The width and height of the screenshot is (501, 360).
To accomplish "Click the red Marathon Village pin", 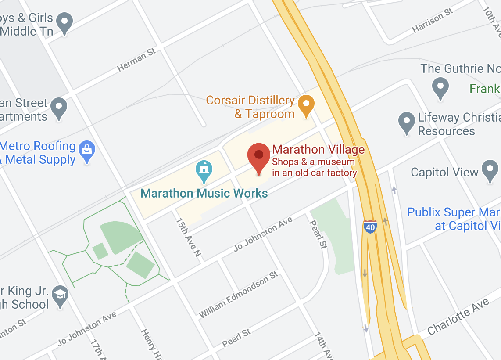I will (x=259, y=158).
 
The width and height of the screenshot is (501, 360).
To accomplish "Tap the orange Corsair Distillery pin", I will (x=306, y=106).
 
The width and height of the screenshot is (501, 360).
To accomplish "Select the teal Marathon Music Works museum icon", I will (x=204, y=170).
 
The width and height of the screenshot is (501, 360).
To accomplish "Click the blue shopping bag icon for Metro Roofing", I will (x=87, y=152).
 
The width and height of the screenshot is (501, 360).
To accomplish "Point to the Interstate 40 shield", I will (x=370, y=227).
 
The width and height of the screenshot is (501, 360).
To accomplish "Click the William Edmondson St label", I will (x=239, y=295).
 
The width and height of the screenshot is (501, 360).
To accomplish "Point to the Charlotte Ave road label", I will (x=458, y=317).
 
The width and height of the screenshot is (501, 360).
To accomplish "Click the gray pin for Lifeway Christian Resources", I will (x=407, y=123).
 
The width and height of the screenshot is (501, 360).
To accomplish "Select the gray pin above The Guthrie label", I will (x=440, y=88).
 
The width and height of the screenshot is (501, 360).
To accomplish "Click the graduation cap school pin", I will (x=60, y=296).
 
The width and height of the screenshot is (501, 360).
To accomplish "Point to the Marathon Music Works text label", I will (x=204, y=193).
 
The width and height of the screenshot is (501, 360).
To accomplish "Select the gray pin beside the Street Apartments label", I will (x=59, y=108).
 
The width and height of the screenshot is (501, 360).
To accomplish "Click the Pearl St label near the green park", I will (x=318, y=234).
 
